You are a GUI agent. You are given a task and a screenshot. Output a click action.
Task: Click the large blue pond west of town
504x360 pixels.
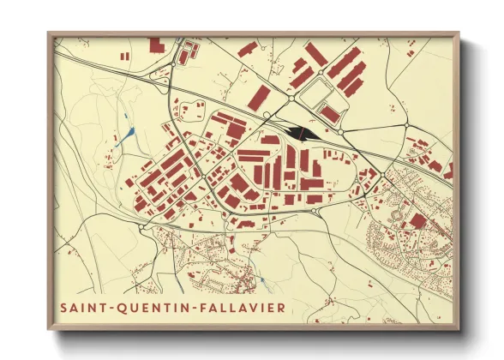[131, 132]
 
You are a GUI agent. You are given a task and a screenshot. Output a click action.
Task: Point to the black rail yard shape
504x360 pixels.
[303, 132]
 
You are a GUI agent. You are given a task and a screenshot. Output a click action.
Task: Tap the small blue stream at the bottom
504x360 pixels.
[260, 280]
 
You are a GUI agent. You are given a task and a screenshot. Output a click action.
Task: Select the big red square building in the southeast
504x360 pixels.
[417, 221]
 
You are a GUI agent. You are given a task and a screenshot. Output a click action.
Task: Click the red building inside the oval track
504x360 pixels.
[329, 113]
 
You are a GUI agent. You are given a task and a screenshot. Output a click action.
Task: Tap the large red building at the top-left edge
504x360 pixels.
[157, 45]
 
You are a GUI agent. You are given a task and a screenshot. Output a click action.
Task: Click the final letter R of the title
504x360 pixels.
[283, 306]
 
